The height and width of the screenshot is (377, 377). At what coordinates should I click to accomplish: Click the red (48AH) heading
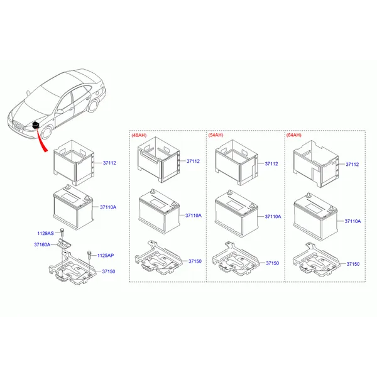pyautogui.click(x=139, y=135)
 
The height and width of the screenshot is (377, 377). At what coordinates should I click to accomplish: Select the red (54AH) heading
pyautogui.click(x=216, y=135)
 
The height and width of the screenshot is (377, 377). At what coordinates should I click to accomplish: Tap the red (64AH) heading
pyautogui.click(x=294, y=135)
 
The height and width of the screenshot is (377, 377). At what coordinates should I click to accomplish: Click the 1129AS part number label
pyautogui.click(x=45, y=233)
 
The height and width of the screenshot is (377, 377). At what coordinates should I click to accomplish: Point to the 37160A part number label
pyautogui.click(x=42, y=244)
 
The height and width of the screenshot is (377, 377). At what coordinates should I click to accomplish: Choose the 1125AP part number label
pyautogui.click(x=106, y=255)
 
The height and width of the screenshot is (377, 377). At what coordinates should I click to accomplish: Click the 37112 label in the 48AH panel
pyautogui.click(x=193, y=161)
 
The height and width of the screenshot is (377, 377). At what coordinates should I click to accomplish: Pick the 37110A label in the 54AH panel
pyautogui.click(x=273, y=216)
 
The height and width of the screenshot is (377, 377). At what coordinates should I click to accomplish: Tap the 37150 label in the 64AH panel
pyautogui.click(x=353, y=264)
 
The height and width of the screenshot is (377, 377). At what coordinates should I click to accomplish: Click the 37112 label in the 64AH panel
pyautogui.click(x=352, y=164)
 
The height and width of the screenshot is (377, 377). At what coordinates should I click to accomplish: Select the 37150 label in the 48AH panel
pyautogui.click(x=195, y=261)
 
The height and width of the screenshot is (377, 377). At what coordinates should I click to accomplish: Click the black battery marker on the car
pyautogui.click(x=36, y=125)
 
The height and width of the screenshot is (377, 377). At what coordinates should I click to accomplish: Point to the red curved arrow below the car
pyautogui.click(x=41, y=141)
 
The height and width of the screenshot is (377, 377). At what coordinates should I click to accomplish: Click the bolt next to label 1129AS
pyautogui.click(x=62, y=232)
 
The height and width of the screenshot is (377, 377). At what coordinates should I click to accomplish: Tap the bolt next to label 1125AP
pyautogui.click(x=89, y=255)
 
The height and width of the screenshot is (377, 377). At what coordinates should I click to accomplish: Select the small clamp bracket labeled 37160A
pyautogui.click(x=64, y=244)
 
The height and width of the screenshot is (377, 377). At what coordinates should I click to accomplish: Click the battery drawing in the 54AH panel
pyautogui.click(x=237, y=214)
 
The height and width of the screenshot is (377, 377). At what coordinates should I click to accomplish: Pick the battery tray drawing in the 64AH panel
pyautogui.click(x=316, y=260)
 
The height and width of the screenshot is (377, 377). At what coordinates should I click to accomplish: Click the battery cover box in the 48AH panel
pyautogui.click(x=159, y=160)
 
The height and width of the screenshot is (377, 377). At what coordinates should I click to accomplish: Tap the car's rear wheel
pyautogui.click(x=93, y=106)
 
